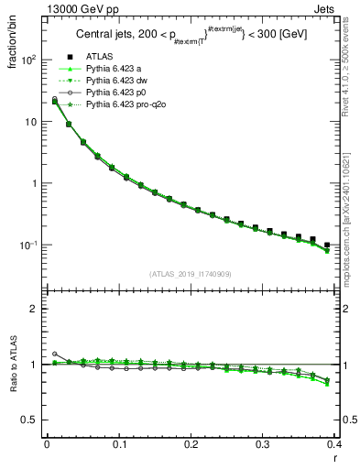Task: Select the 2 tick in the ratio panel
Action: pos(33,309)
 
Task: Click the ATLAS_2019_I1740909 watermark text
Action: pos(189,274)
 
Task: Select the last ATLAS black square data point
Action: pos(327,245)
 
